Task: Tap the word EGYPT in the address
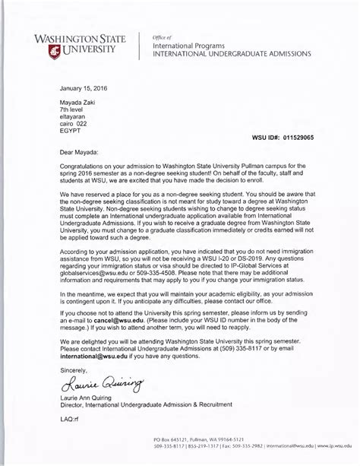[71, 130]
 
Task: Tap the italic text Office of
[163, 37]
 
